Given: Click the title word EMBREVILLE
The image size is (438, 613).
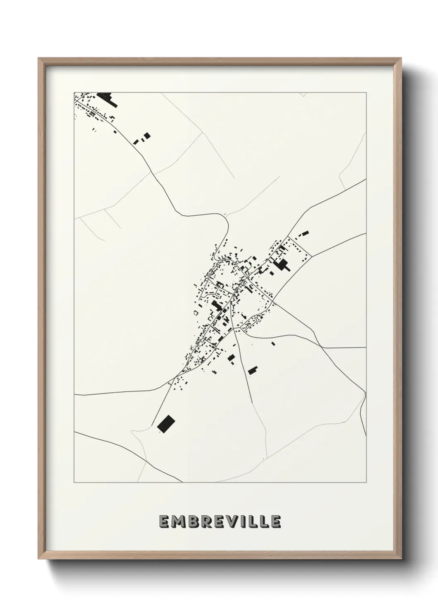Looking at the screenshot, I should (219, 522).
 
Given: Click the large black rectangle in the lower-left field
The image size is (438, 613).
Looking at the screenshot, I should (166, 424).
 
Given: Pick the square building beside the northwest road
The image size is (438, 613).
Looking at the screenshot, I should (146, 135).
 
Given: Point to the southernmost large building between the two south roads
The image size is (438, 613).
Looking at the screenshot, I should (253, 370).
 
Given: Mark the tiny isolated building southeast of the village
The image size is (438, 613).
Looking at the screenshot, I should (273, 343).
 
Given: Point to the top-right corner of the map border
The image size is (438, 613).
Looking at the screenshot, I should (366, 92).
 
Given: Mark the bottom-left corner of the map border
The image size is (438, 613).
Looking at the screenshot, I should (74, 482).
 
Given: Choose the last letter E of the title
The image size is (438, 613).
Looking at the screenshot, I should (276, 522).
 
